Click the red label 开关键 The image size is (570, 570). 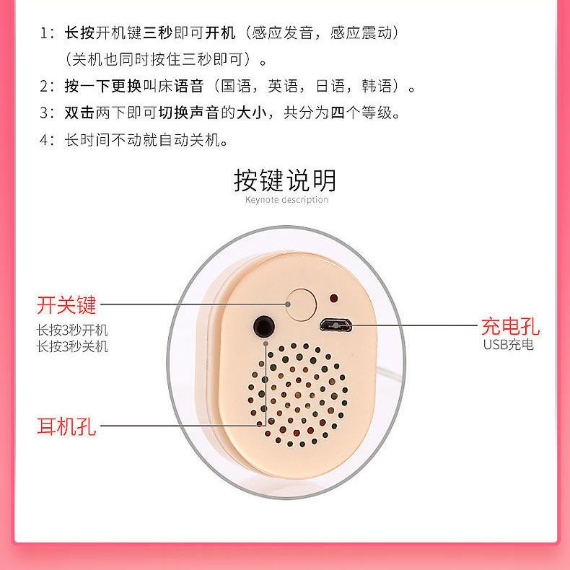66,304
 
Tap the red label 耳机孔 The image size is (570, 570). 66,426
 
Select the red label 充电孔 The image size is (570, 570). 510,326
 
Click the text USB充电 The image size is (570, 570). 508,345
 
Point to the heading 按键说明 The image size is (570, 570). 285,180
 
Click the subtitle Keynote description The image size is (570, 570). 287,200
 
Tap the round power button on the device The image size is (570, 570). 302,304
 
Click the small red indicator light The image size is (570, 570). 333,299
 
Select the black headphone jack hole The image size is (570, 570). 264,326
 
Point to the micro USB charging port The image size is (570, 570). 336,325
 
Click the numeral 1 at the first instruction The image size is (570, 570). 44,33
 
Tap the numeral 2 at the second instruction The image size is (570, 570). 44,87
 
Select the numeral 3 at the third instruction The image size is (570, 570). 44,113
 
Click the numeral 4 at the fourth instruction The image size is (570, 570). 44,139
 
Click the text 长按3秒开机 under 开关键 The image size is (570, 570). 72,330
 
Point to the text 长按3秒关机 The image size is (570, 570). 72,346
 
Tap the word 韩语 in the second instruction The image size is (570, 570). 377,86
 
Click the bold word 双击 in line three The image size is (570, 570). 79,113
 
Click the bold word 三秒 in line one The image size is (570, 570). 158,32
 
